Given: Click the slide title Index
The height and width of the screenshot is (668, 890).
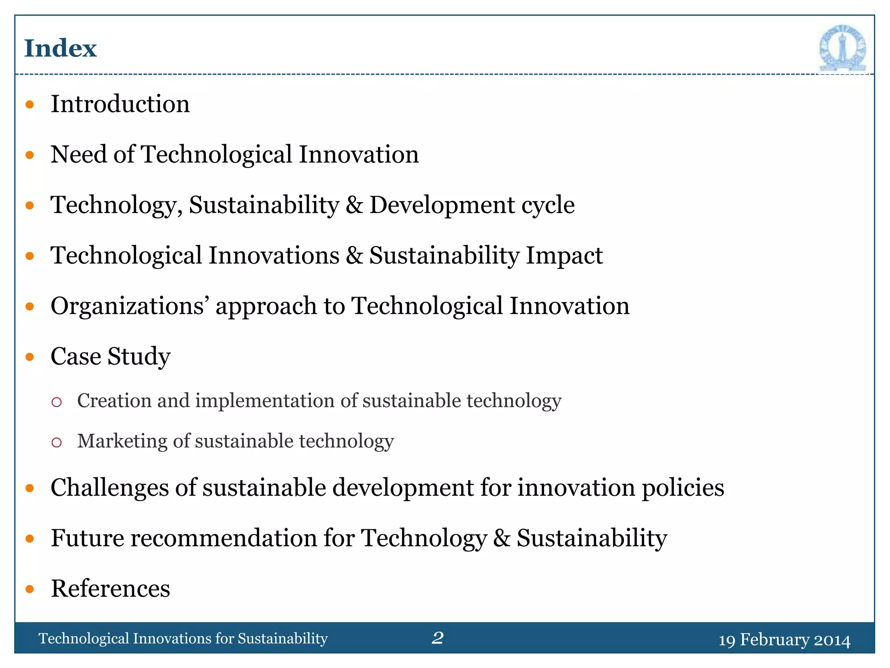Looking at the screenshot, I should (60, 48).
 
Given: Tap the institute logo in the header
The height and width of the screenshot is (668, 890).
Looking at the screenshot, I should (842, 48).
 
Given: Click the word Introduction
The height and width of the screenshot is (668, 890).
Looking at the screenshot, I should (120, 104).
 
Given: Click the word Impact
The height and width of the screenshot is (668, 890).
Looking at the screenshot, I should (564, 255).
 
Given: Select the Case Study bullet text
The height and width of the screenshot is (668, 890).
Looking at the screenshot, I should (110, 357).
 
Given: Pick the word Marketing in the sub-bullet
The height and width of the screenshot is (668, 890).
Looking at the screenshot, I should (122, 441).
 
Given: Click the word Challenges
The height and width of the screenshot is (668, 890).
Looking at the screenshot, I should (110, 488).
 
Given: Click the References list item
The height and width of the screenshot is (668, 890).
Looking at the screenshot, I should (110, 588).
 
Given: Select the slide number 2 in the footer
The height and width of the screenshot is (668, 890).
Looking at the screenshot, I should (438, 638).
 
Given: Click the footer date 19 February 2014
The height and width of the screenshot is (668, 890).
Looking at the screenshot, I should (784, 640).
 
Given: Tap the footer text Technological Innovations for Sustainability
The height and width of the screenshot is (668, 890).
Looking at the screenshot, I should (183, 638).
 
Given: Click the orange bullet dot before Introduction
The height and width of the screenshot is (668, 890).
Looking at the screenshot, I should (30, 104).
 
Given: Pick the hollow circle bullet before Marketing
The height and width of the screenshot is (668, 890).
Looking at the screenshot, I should (56, 442).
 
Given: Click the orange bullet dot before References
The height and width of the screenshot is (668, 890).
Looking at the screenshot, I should (30, 589).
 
